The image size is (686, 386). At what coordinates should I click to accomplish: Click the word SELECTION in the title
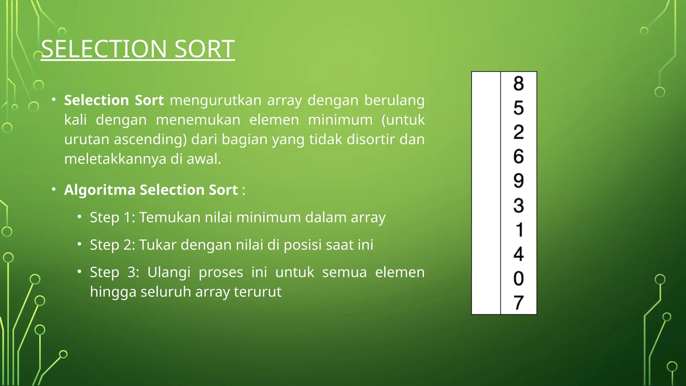tap(104, 49)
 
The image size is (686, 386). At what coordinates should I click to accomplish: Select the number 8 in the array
tap(519, 83)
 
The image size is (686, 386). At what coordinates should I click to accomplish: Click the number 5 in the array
tap(519, 108)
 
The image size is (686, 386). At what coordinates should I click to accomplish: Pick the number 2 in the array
tap(519, 132)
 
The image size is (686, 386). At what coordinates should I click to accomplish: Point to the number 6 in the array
tap(519, 156)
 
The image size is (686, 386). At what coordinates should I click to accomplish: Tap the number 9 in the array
tap(519, 181)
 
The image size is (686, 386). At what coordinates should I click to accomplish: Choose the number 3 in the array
tap(519, 205)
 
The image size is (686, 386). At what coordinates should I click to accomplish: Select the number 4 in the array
tap(519, 254)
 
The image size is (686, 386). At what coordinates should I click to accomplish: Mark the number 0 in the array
tap(519, 278)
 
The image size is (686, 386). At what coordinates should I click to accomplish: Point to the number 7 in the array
tap(519, 303)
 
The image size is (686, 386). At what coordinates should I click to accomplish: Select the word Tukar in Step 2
tap(158, 245)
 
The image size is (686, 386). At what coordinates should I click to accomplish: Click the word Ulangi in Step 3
tap(169, 272)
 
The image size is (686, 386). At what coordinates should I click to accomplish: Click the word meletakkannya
tap(115, 159)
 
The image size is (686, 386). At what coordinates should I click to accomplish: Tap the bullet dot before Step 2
tap(79, 244)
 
